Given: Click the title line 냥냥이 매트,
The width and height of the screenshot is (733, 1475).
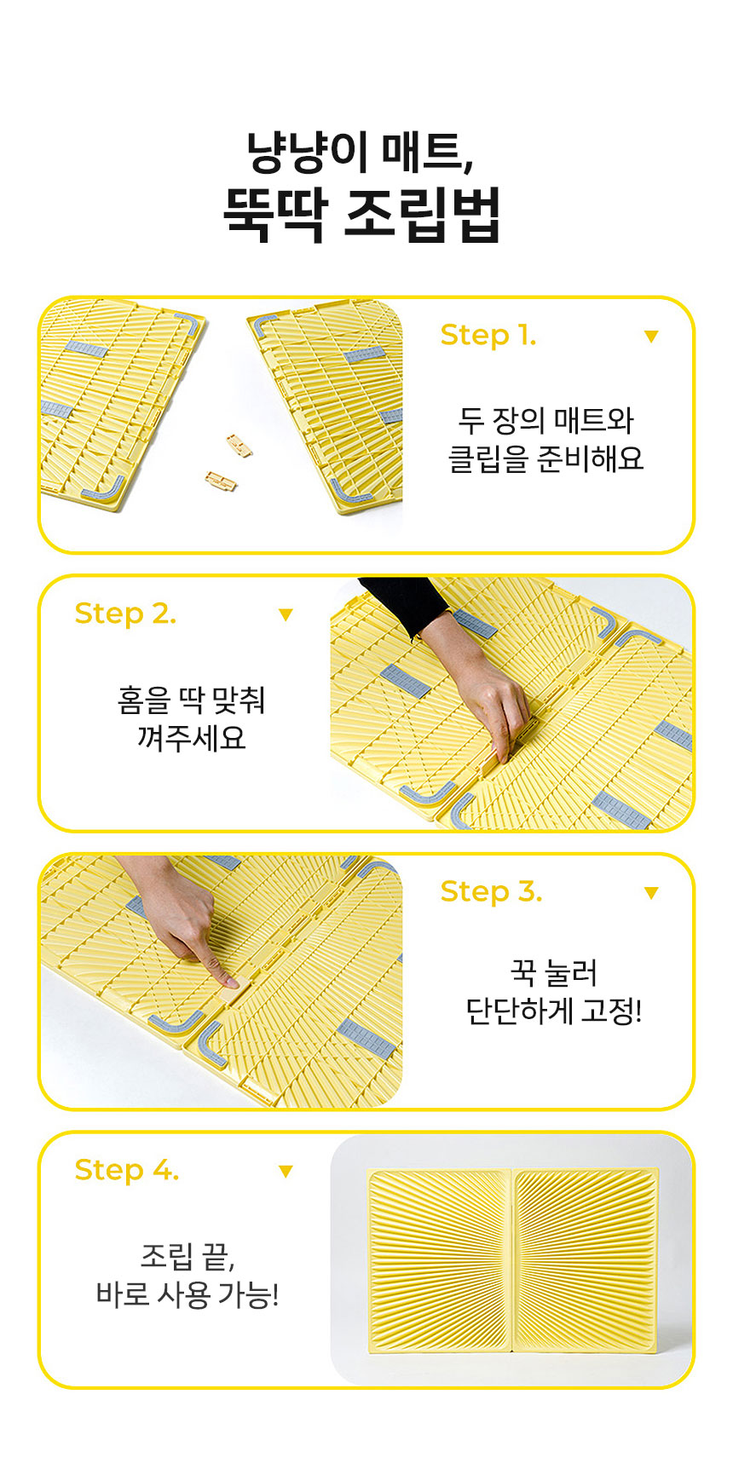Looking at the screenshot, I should pos(360,153).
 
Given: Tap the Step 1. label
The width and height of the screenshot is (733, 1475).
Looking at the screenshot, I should pos(488,335).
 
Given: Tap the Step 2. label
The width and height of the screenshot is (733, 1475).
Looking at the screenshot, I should pos(125,614).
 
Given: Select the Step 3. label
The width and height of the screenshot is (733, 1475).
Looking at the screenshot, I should pos(491,891).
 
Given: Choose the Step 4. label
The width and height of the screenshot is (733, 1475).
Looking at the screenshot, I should pos(127,1170).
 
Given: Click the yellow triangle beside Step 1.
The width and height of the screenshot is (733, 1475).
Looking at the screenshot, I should pos(651,337).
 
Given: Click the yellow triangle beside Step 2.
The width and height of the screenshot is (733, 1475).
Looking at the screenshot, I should pos(286,614).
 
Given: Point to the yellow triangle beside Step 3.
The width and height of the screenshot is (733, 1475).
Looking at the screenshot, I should pos(651,893).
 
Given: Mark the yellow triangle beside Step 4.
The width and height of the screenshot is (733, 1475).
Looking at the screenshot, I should pos(286,1172).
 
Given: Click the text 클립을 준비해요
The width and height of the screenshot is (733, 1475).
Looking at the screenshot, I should pos(545,459).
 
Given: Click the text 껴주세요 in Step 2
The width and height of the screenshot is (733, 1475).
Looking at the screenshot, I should pos(191,737).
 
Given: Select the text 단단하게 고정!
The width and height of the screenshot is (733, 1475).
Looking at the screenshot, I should pos(553,1011).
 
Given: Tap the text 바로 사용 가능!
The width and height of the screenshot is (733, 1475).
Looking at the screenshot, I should pos(188,1295).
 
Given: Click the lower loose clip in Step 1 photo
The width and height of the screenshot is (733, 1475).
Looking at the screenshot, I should pos(221,481).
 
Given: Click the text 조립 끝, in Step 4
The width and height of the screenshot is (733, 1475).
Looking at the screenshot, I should pos(188,1256).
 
